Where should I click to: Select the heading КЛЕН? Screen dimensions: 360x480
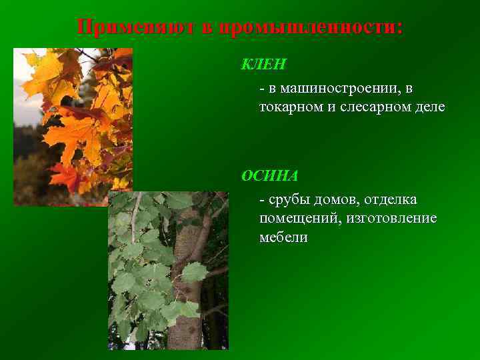pos(263,65)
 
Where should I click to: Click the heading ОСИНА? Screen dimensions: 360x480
pos(269,176)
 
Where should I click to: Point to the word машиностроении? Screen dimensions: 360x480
pos(341,88)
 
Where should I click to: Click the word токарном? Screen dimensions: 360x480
pos(290,107)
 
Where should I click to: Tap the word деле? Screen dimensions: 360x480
pos(429,107)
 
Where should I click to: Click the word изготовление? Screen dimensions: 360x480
pos(390,218)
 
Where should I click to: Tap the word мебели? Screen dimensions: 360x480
pos(283,237)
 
